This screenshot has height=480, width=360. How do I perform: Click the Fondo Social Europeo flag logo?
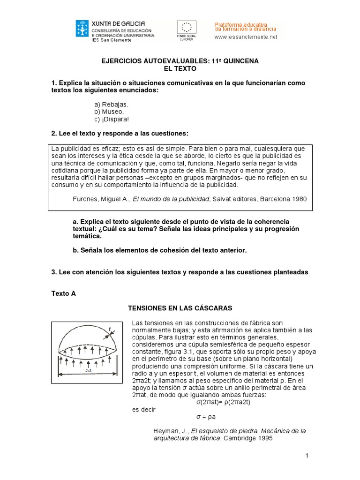tap(186, 28)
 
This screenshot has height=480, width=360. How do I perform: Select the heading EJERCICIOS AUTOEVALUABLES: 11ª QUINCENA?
tap(180, 61)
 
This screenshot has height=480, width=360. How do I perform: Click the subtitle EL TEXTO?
tap(180, 68)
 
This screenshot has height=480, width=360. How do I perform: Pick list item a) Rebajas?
tap(111, 105)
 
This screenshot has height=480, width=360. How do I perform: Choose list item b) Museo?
tap(109, 112)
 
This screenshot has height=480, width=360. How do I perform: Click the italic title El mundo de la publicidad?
tap(171, 199)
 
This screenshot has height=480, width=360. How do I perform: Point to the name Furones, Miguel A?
tap(101, 199)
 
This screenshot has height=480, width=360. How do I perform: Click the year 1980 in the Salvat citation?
tap(299, 199)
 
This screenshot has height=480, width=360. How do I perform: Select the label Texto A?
tap(63, 293)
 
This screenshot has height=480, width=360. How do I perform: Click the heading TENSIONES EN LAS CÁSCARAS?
tap(180, 308)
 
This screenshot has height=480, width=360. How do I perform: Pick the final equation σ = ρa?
tap(205, 416)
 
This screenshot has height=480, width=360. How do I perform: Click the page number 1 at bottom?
tap(306, 456)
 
